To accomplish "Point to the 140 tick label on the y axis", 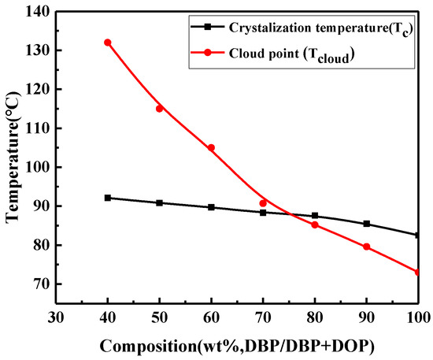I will coord(35,11).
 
